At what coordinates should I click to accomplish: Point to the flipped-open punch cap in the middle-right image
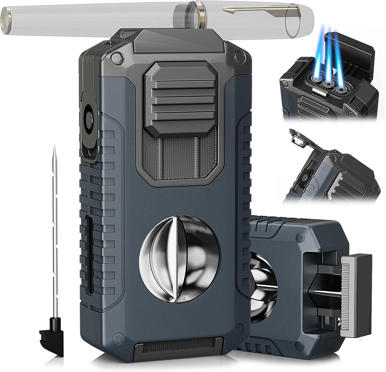[299, 140]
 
